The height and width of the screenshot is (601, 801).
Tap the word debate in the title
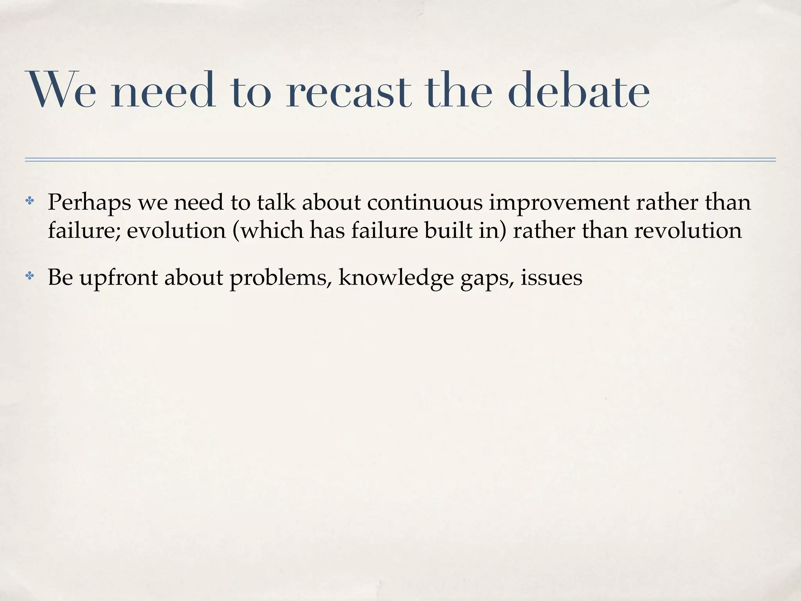[x=579, y=91]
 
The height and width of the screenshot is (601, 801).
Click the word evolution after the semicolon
[x=176, y=230]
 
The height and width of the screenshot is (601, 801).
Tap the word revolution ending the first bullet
[x=688, y=230]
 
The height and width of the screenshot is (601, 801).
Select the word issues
[x=551, y=278]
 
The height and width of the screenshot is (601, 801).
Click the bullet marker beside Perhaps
[x=30, y=202]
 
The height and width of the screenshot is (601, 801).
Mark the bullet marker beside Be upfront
[x=30, y=277]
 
